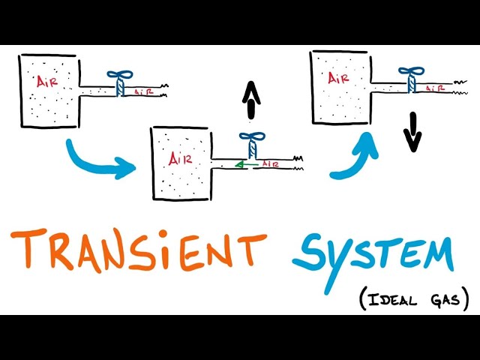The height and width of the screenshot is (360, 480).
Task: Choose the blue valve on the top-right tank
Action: coord(410,77)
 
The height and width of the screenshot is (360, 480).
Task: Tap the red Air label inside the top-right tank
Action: coord(339,78)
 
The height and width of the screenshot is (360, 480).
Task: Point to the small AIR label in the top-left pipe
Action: coord(145,91)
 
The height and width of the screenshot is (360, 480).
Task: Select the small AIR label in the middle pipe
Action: coord(269,163)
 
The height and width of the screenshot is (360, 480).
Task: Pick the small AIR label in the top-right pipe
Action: coord(433,88)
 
